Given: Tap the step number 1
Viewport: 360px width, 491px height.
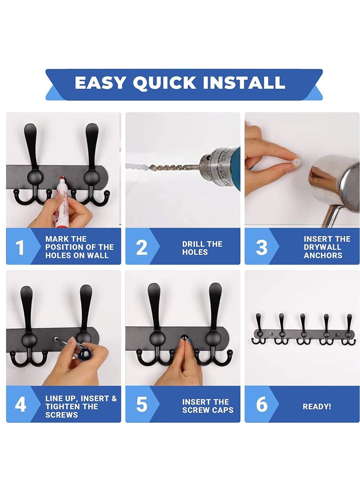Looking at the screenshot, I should coord(20,247).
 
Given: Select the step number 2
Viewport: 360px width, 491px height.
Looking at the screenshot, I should coord(141,247).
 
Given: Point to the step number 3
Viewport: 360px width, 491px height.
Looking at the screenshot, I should coord(261,247).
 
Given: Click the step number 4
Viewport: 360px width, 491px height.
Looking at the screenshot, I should coord(20,405).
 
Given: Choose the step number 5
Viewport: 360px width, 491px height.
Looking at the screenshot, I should coord(141,405).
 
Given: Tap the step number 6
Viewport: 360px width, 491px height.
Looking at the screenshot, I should coord(261,405).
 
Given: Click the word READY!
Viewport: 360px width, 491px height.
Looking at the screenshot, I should coord(317,406).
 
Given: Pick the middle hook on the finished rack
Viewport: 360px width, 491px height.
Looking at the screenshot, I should coord(303,331).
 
